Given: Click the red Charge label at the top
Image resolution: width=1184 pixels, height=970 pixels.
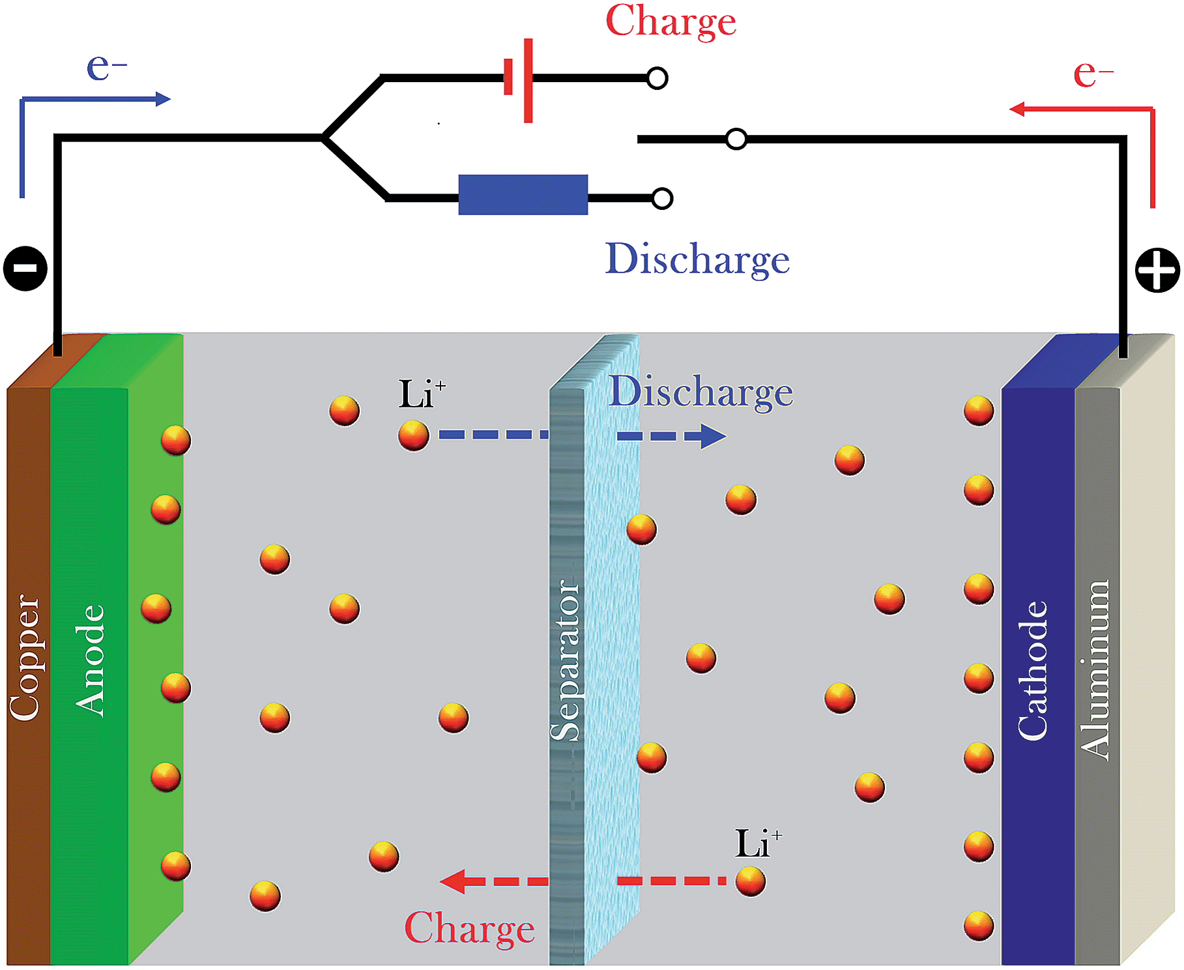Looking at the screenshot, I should pyautogui.click(x=671, y=22).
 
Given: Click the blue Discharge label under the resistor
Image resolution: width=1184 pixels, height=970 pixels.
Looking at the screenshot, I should pyautogui.click(x=697, y=259).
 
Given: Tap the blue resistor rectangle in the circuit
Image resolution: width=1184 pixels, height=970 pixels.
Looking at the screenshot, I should pyautogui.click(x=523, y=195).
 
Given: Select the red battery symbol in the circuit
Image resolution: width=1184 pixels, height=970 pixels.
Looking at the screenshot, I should pyautogui.click(x=519, y=80).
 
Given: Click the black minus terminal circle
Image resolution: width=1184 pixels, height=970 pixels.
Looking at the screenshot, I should pyautogui.click(x=25, y=269).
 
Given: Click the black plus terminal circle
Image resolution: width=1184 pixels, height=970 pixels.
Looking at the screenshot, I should pyautogui.click(x=1157, y=270).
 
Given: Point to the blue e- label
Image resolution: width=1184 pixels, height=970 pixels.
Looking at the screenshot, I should pyautogui.click(x=106, y=66).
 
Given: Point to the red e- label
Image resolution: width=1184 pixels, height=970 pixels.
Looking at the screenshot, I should pyautogui.click(x=1092, y=73).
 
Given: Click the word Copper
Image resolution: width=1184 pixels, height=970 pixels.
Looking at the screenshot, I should pyautogui.click(x=25, y=658).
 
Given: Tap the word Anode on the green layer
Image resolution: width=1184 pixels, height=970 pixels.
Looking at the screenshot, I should pyautogui.click(x=89, y=660).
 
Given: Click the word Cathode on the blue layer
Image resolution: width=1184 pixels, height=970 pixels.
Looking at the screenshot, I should pyautogui.click(x=1033, y=670).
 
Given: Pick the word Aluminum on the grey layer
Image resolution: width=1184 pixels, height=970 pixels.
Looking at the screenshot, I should pyautogui.click(x=1095, y=670).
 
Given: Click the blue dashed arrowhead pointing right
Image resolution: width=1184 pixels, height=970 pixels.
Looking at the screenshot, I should pyautogui.click(x=713, y=436).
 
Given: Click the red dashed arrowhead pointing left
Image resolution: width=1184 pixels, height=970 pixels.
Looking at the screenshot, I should pyautogui.click(x=454, y=881).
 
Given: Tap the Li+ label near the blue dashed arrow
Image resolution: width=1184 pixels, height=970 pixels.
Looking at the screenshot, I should pyautogui.click(x=422, y=394).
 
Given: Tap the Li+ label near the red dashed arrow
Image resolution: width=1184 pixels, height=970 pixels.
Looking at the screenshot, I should pyautogui.click(x=758, y=844).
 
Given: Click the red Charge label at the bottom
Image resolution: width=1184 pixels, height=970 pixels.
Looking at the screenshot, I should pyautogui.click(x=469, y=928).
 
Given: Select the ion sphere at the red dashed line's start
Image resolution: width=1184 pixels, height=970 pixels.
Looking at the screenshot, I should pyautogui.click(x=750, y=882).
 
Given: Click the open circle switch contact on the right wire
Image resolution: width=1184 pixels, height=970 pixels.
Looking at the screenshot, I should pyautogui.click(x=736, y=139).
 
